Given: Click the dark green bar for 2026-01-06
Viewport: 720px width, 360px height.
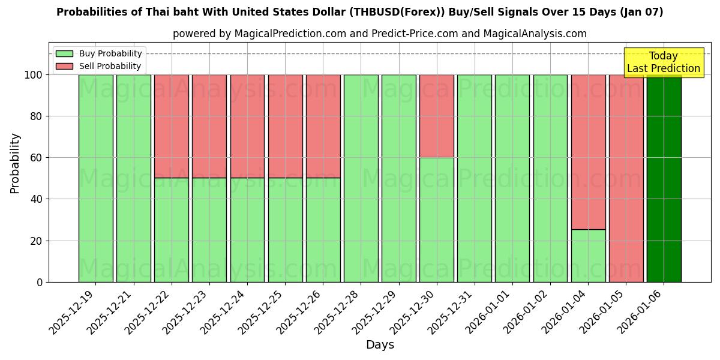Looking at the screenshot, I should pyautogui.click(x=664, y=178).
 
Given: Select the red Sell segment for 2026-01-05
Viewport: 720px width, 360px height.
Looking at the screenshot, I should pyautogui.click(x=626, y=178).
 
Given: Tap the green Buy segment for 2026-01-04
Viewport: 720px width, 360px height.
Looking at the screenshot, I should pyautogui.click(x=588, y=256).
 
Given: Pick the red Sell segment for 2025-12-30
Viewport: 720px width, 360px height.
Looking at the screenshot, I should pyautogui.click(x=437, y=116).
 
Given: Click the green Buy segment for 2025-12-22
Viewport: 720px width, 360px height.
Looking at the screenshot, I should pyautogui.click(x=172, y=230).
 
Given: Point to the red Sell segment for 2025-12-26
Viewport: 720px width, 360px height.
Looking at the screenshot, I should pyautogui.click(x=323, y=126).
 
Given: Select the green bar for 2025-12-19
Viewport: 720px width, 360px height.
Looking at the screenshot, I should pyautogui.click(x=96, y=178).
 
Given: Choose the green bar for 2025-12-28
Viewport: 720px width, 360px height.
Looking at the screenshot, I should pyautogui.click(x=361, y=178).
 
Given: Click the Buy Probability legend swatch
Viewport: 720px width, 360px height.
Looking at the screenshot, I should pyautogui.click(x=64, y=53).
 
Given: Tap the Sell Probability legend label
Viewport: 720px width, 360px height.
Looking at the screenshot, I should pyautogui.click(x=110, y=66).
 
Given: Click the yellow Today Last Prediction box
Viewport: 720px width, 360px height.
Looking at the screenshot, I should pyautogui.click(x=663, y=62).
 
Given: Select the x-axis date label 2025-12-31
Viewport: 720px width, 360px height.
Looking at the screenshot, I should pyautogui.click(x=452, y=313).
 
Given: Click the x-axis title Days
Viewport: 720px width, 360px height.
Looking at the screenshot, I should pyautogui.click(x=380, y=345).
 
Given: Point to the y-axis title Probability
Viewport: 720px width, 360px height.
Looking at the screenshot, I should pyautogui.click(x=15, y=163).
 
